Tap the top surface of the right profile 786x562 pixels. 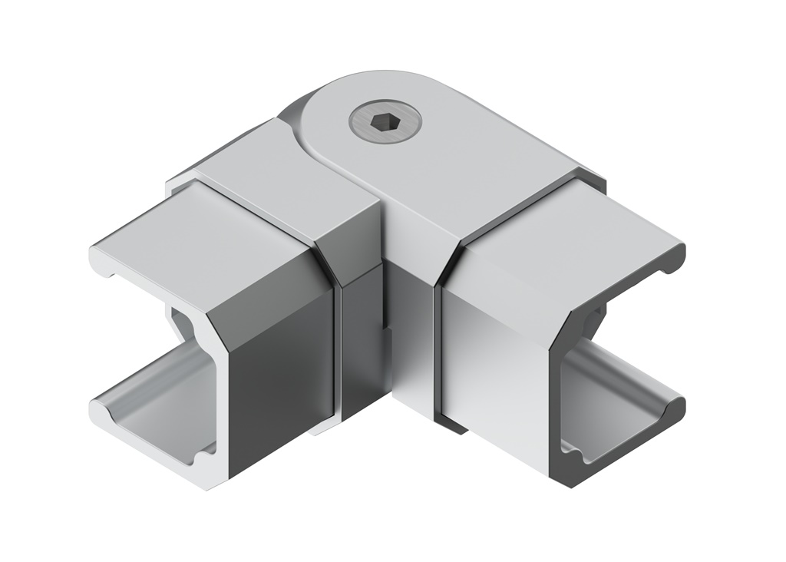point(583,223)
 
